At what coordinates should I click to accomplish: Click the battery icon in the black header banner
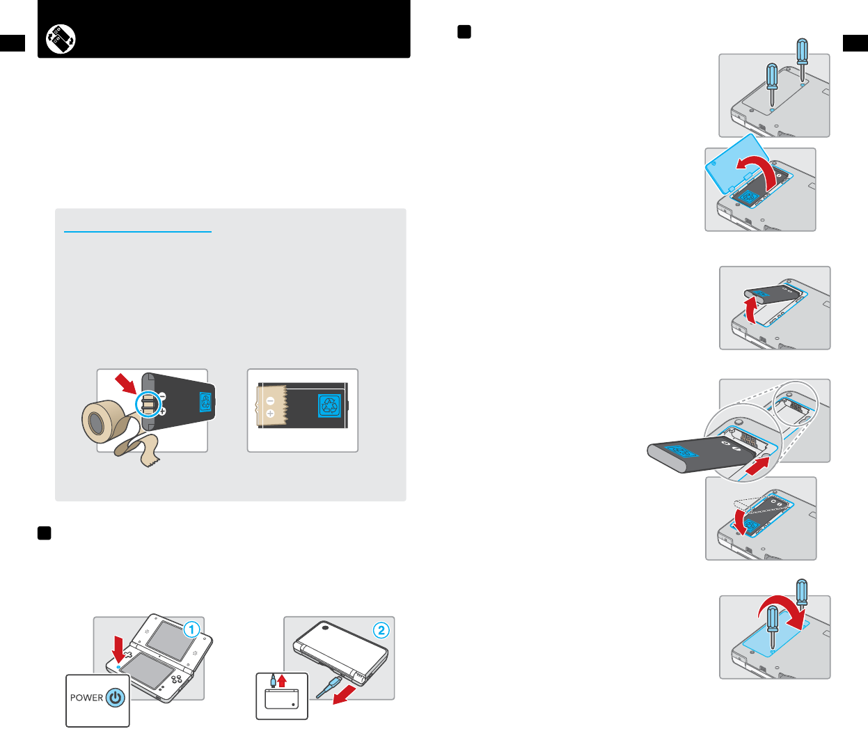[x=61, y=39]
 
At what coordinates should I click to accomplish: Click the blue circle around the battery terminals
[x=148, y=404]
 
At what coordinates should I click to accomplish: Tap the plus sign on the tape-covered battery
[x=271, y=414]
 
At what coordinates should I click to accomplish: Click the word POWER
[x=86, y=698]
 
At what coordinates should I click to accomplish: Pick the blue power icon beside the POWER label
[x=116, y=698]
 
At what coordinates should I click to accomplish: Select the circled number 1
[x=191, y=630]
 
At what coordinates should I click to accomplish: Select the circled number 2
[x=381, y=630]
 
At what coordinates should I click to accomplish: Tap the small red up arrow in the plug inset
[x=282, y=680]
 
